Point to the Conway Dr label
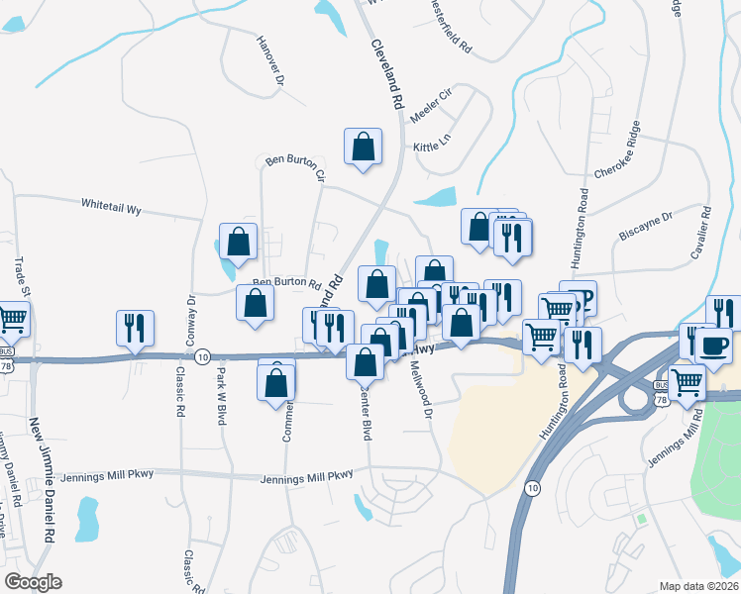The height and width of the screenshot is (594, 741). click(188, 320)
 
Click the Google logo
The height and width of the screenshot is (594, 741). click(33, 582)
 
